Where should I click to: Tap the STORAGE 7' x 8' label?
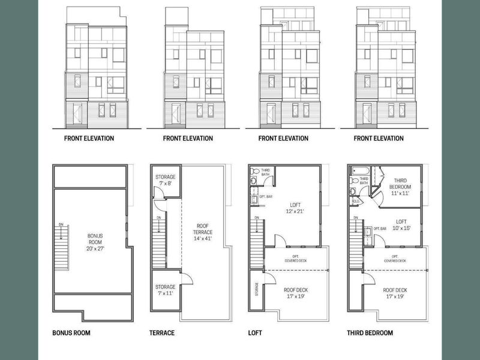click(165, 181)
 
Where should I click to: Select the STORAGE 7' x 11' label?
click(165, 290)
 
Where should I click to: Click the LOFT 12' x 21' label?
click(296, 208)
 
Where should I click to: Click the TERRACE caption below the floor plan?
click(161, 333)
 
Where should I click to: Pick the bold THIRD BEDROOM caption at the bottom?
click(371, 333)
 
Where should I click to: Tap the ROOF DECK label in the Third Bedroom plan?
click(397, 293)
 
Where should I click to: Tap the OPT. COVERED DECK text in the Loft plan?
click(295, 259)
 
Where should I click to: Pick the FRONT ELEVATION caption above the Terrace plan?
click(188, 139)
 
